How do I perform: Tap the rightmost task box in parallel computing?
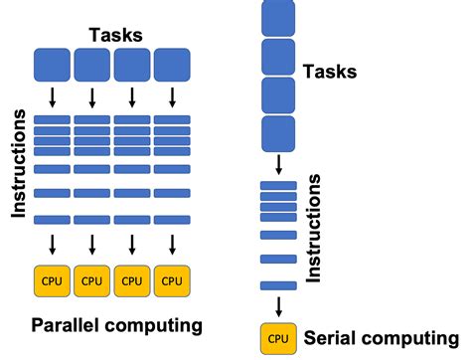point(172,66)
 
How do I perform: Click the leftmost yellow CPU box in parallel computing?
point(52,280)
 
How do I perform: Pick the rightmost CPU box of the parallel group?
point(172,280)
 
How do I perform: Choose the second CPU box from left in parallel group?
point(91,280)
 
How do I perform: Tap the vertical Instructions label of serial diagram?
point(314,227)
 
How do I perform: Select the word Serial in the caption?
point(334,338)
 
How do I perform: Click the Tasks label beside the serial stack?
point(330,71)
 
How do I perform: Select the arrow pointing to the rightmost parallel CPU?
point(172,245)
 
